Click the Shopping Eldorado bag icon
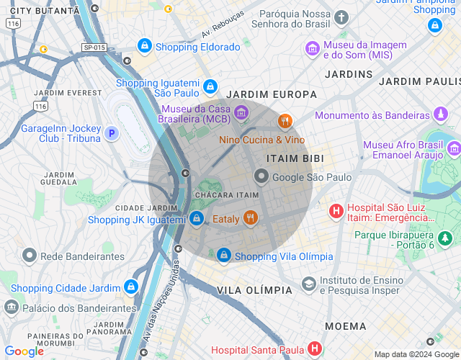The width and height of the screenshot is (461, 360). [x=146, y=47]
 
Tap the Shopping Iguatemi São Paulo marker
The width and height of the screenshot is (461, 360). [x=210, y=87]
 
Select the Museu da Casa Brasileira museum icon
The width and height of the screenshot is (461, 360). [x=241, y=112]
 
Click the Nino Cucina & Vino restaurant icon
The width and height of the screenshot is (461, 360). [x=285, y=121]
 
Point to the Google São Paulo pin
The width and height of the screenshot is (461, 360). [x=261, y=176]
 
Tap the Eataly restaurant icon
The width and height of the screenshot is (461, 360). [x=251, y=218]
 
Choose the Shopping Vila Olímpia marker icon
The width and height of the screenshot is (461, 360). [x=224, y=256]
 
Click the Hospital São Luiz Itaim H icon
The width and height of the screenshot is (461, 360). [x=336, y=212]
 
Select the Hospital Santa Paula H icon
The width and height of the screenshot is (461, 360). [x=314, y=349]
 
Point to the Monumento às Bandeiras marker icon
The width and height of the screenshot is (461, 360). [x=440, y=114]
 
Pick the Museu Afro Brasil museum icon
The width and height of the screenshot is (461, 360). [x=453, y=149]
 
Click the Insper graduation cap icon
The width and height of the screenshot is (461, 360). [x=309, y=284]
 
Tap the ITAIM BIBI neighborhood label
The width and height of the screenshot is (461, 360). [x=295, y=158]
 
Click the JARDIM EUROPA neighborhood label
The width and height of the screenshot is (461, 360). [x=271, y=94]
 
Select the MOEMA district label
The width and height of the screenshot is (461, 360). [x=345, y=326]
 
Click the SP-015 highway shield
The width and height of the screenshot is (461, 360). [x=94, y=48]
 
